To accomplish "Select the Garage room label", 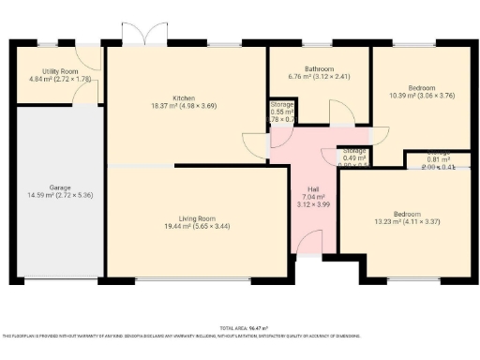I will pos(61,186).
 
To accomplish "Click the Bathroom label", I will pos(319,67).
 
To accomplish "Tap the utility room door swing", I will pos(89,58).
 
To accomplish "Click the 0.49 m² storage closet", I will pos(354,156).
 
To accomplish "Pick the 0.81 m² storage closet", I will pos(437,157).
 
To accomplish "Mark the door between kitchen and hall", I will pos(255,145).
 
